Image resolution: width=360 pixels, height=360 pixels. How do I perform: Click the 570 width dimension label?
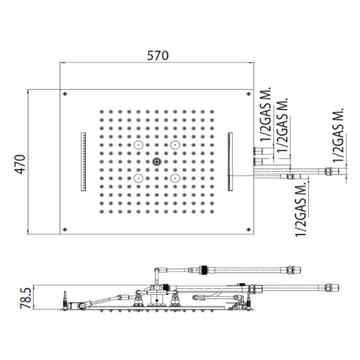point(158,56)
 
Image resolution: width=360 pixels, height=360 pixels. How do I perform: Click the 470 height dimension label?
point(20,164)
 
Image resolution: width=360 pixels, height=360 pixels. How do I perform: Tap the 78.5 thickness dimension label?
point(25,298)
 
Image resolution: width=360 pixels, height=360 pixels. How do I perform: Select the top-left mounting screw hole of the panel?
point(65,94)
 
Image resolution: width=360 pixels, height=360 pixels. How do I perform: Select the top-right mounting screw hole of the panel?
point(248,94)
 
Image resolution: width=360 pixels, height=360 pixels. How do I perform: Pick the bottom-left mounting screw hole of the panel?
point(65,229)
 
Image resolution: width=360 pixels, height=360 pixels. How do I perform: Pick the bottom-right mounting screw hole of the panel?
point(248,229)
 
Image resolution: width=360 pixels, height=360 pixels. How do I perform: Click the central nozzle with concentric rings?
point(157,161)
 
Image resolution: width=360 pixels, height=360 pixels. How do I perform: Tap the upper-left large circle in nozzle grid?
point(139,145)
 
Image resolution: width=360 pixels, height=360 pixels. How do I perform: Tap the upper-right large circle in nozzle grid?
point(175,145)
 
